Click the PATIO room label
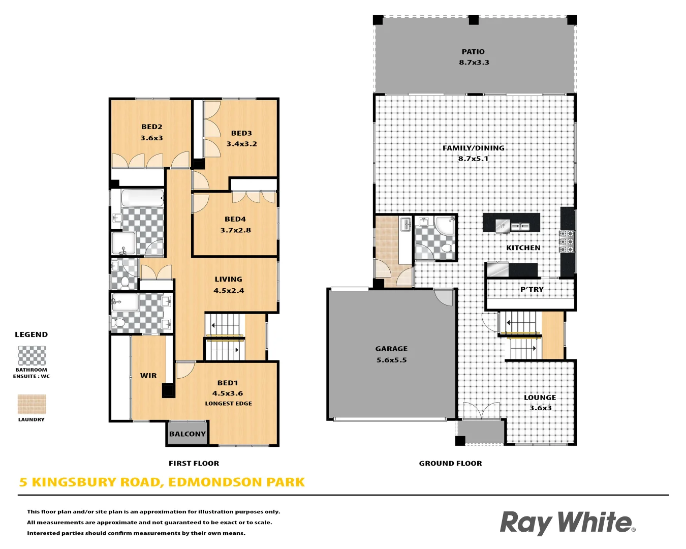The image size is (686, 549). (x=473, y=52)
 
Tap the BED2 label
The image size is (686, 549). (x=152, y=127)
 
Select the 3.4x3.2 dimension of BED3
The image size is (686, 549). (x=242, y=144)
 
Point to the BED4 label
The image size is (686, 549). (x=235, y=219)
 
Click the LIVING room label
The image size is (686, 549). (x=229, y=279)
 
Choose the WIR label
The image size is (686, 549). (x=148, y=376)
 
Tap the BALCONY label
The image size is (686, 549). (x=188, y=434)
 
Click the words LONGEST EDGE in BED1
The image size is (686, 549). (x=229, y=404)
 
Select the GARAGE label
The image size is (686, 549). (x=391, y=349)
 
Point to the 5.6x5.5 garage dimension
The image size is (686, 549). (x=391, y=360)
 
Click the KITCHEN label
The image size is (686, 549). (x=523, y=248)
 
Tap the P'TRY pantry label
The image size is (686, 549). (x=532, y=289)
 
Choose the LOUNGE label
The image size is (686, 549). (x=540, y=398)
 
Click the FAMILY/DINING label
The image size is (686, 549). (x=474, y=148)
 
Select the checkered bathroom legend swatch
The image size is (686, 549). (x=32, y=355)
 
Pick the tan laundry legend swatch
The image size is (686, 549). (x=32, y=405)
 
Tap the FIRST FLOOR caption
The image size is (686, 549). (x=194, y=464)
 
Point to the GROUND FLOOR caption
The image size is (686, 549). (x=451, y=464)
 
